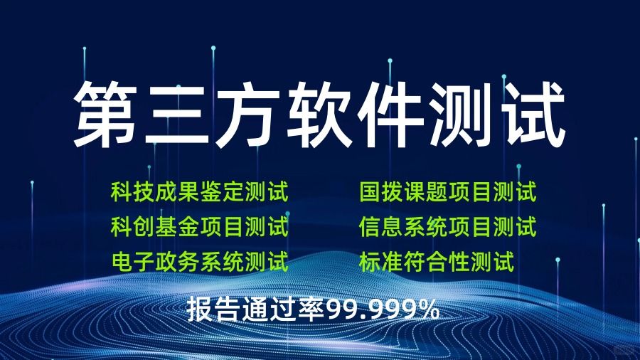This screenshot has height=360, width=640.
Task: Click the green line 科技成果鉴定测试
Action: pos(199,192)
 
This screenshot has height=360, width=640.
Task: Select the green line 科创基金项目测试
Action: pos(199,228)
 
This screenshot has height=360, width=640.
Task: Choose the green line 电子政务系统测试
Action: pos(199,262)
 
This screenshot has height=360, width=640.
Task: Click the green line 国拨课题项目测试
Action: pos(448,192)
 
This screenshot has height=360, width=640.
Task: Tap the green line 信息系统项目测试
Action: pos(448,228)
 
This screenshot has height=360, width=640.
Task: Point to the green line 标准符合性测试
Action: pos(437,262)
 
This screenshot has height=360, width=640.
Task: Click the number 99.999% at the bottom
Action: pos(383,310)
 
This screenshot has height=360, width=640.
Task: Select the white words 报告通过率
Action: pos(256,310)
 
